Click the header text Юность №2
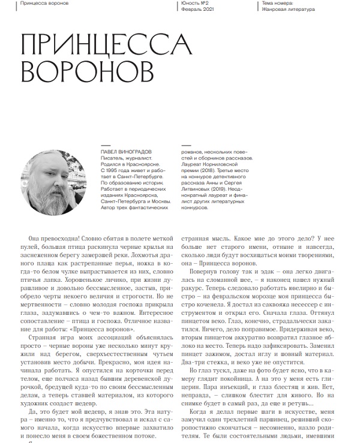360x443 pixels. click(194, 3)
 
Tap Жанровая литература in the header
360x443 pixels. click(289, 9)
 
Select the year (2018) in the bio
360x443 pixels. click(202, 179)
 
